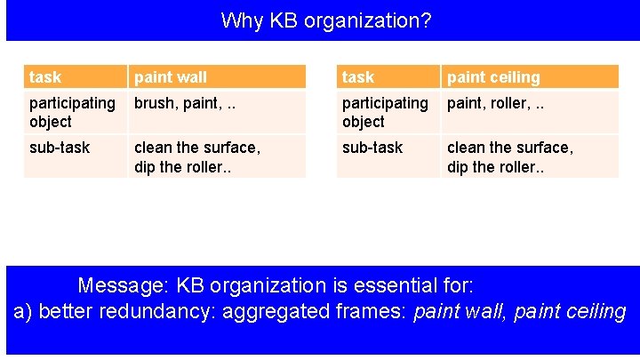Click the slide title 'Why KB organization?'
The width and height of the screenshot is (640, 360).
tap(325, 20)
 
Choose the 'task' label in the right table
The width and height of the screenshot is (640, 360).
tap(358, 77)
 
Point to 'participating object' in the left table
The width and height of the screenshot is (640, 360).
tap(72, 112)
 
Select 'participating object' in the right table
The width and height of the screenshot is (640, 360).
tap(385, 112)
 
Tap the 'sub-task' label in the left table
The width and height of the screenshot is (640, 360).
tap(60, 148)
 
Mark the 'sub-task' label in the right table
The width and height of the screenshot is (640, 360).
tap(372, 148)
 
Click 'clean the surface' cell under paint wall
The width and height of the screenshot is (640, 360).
tap(196, 156)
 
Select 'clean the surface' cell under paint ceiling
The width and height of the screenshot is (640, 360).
tap(510, 156)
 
